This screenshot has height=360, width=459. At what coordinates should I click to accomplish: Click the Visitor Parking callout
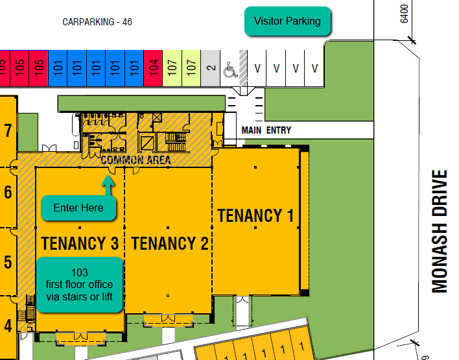(287, 21)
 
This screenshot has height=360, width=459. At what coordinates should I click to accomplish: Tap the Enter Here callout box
(78, 208)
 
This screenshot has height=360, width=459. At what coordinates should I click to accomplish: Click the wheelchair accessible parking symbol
(230, 69)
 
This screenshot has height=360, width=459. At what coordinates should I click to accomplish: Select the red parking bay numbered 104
(153, 68)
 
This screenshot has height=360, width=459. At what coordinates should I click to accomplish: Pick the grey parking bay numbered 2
(211, 68)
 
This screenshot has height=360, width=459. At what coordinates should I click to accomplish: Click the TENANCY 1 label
(255, 215)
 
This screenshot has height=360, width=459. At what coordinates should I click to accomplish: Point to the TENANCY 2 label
(170, 243)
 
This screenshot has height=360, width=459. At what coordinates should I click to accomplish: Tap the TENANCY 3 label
(80, 243)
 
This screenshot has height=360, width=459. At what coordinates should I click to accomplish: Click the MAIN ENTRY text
(266, 130)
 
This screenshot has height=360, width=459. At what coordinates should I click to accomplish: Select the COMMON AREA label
(136, 160)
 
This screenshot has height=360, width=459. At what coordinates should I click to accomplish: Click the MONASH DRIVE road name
(440, 232)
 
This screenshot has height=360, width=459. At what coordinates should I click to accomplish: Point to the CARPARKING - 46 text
(97, 22)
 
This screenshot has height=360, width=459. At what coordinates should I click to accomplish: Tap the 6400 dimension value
(404, 14)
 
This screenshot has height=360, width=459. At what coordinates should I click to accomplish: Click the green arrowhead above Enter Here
(108, 181)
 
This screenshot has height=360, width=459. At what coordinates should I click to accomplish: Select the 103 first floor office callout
(80, 285)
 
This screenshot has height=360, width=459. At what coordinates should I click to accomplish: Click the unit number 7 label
(8, 130)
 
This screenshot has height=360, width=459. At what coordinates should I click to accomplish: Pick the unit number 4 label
(8, 326)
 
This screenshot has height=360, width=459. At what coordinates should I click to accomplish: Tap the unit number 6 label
(8, 192)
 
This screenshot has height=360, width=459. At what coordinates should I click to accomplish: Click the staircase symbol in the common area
(176, 142)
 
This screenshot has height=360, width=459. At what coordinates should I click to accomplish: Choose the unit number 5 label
(8, 262)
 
